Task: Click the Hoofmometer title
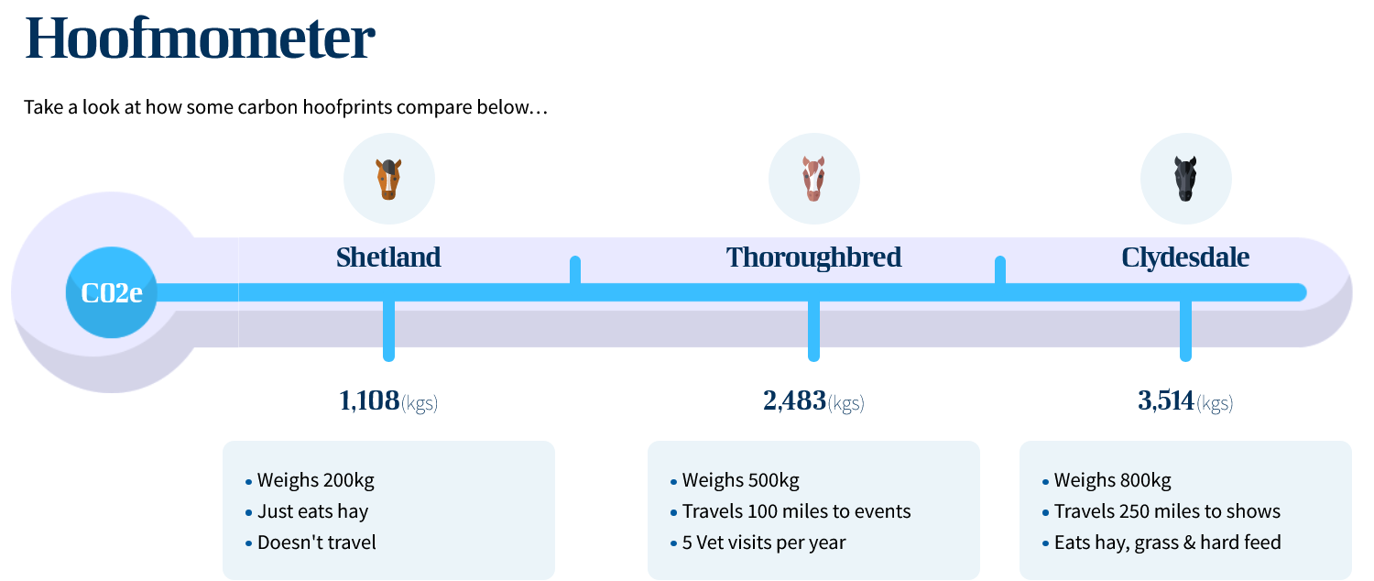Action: (200, 38)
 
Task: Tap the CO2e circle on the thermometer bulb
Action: (112, 292)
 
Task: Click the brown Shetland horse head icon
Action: (389, 179)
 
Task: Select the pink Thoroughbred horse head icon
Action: (814, 179)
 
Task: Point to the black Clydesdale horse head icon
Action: (1185, 179)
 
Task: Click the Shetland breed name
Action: (388, 258)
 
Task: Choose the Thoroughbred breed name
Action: (814, 258)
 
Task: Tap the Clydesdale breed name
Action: (1185, 258)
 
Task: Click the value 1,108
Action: (369, 400)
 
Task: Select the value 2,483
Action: (794, 400)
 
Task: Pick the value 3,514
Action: (1166, 400)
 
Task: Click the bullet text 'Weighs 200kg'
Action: (315, 480)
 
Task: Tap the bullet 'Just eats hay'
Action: (313, 511)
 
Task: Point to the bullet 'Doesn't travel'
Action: (317, 543)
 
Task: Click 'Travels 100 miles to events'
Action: (796, 511)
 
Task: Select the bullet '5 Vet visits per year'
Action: (764, 543)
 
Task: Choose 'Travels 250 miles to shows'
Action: (1167, 511)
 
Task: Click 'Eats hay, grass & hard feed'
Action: (1167, 543)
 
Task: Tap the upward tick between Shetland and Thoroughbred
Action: (574, 270)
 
